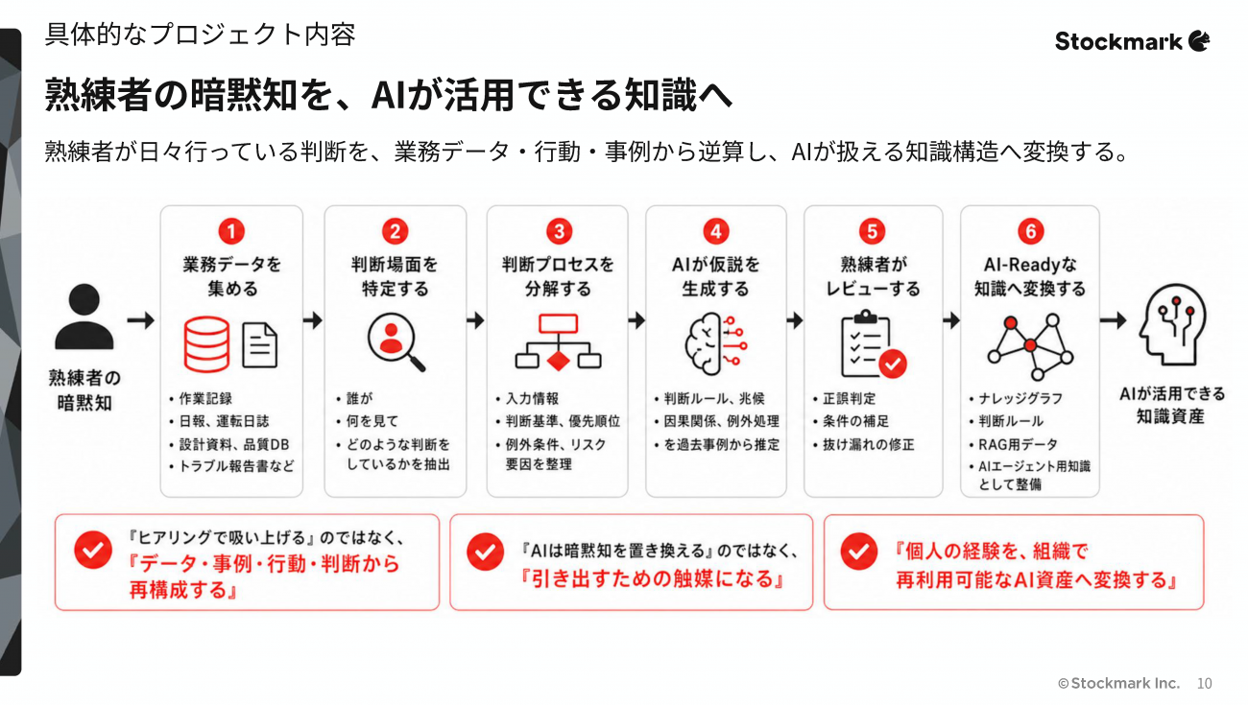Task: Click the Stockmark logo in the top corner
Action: coord(1132,41)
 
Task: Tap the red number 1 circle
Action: coord(231,231)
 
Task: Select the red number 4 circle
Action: coord(716,231)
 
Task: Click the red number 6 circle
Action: coord(1031,231)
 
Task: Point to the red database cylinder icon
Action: coord(206,344)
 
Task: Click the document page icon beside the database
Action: coord(259,345)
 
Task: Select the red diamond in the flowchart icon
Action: coord(559,361)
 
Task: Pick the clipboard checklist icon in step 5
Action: coord(873,344)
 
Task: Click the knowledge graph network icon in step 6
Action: coord(1031,346)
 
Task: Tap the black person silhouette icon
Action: coord(84,317)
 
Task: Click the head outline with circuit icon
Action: coord(1172,324)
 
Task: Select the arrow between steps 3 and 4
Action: coord(636,320)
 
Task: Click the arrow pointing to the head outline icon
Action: coord(1114,320)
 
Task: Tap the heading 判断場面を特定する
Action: coord(395,276)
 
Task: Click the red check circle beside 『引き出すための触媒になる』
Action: coord(485,552)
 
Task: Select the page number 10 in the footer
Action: coord(1205,684)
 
